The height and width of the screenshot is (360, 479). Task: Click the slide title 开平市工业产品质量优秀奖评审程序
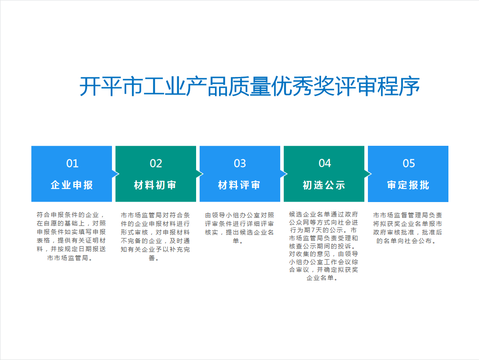pos(250,86)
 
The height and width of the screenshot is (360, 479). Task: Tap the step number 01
pos(72,163)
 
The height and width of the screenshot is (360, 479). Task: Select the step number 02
pos(156,163)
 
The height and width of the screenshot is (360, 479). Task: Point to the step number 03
pos(240,163)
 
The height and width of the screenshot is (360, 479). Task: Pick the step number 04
pos(324,163)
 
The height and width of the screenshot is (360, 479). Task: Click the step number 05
pos(408,163)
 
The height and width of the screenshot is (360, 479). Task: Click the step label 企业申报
pos(72,185)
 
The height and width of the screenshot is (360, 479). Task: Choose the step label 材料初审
pos(156,185)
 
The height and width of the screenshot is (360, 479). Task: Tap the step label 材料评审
pos(240,185)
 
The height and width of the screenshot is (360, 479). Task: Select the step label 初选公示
pos(324,185)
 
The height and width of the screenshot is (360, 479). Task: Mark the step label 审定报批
pos(408,185)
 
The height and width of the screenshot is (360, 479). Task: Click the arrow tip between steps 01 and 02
pos(116,174)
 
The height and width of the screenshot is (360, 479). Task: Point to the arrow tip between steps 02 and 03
pos(200,174)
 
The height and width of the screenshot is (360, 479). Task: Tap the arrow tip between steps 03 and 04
pos(284,174)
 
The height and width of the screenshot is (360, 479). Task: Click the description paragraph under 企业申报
pos(72,236)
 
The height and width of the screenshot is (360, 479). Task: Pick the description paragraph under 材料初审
pos(156,236)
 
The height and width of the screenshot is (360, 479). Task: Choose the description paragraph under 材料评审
pos(240,228)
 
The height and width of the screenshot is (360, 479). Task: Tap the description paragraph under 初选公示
pos(324,245)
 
